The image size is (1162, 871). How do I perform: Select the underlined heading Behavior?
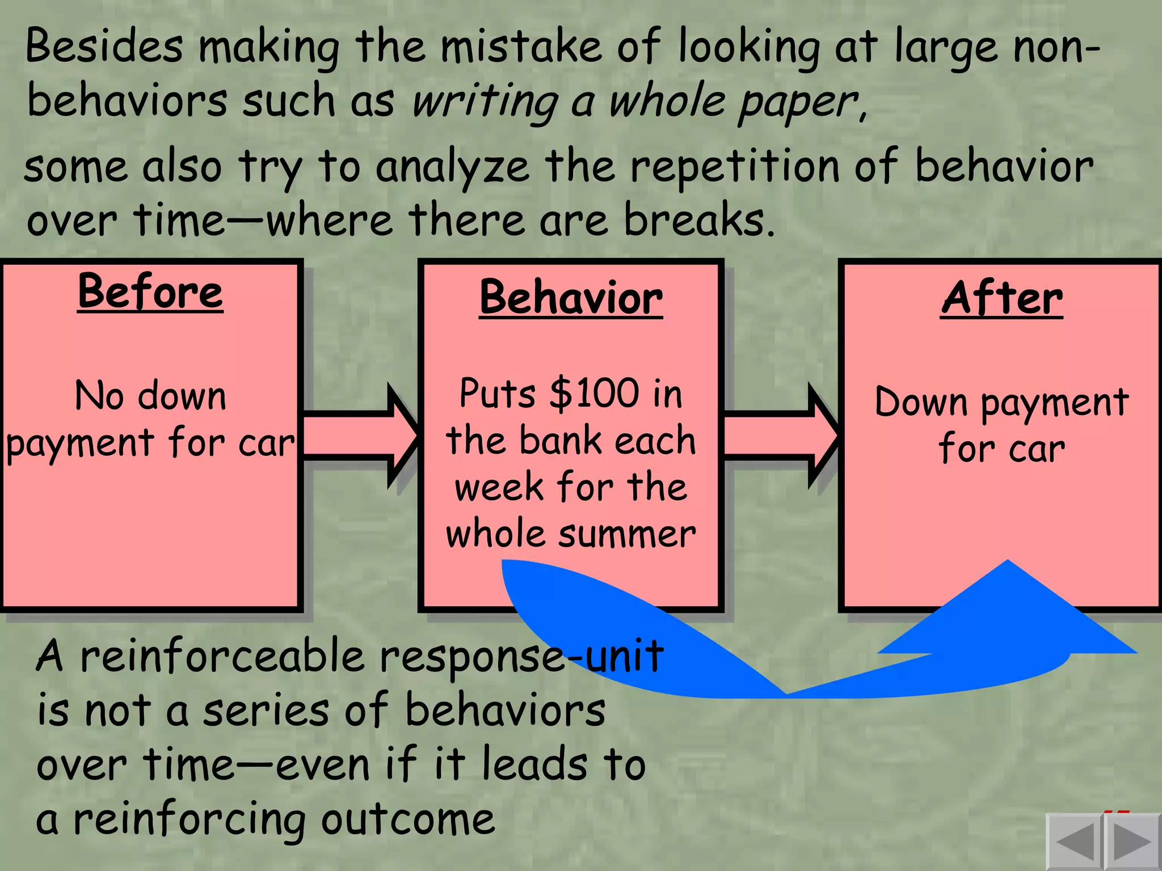click(571, 298)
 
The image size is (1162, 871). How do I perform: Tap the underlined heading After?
click(1002, 298)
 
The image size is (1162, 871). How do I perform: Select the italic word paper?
click(800, 102)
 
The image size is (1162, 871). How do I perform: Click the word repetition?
click(735, 167)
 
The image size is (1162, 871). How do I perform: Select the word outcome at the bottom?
click(408, 820)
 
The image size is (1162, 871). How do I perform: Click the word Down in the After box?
click(921, 403)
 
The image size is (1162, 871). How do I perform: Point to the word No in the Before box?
click(99, 396)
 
